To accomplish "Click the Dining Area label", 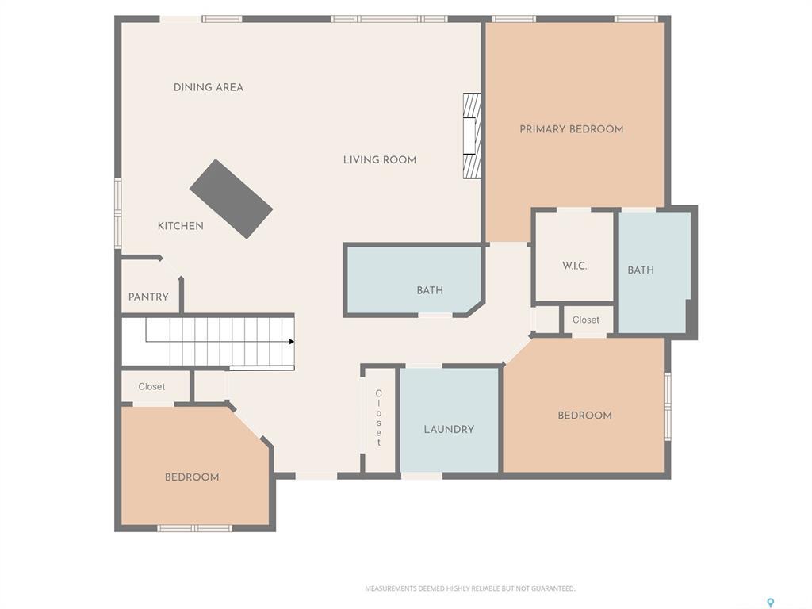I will coord(208,87).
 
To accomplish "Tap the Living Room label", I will coord(379,160).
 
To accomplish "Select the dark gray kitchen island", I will coord(231,199).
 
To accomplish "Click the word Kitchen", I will coord(180,226).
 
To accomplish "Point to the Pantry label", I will coord(148,297).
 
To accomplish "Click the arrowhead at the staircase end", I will coord(292,342).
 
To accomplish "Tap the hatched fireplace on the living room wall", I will coord(472,136).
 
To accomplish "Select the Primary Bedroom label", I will coord(571,129).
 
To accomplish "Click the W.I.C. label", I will coord(574,266).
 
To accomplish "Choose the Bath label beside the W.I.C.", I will coord(640,270).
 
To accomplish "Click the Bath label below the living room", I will coord(429,290).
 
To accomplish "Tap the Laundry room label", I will coord(448,430).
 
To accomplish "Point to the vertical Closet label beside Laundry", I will coord(378,418).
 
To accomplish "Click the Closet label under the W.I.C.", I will coord(585,320).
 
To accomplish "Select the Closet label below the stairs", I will coord(151,387).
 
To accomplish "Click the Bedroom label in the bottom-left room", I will coord(191,477).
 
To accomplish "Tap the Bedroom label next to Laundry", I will coord(584,416).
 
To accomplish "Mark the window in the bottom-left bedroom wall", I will coord(194,528).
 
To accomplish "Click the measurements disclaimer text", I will coord(469,588).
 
